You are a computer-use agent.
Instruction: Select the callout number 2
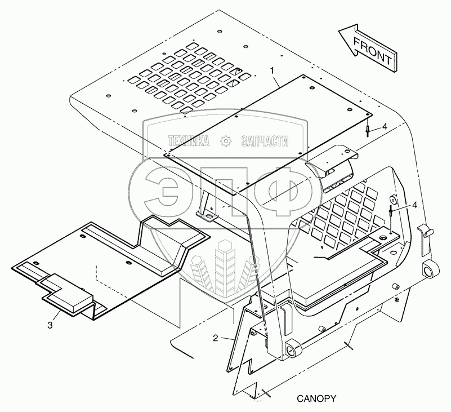click(x=215, y=338)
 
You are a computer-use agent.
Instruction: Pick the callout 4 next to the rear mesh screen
click(x=414, y=205)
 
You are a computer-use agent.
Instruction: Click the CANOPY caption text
click(x=316, y=398)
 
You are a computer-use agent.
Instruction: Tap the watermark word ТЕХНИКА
click(x=188, y=141)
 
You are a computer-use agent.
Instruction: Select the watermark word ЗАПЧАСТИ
click(x=265, y=141)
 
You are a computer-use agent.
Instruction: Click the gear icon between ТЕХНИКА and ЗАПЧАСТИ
click(x=226, y=141)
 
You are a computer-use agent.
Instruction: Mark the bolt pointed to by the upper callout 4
click(x=367, y=131)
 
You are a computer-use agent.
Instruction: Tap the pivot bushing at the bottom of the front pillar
click(x=292, y=350)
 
